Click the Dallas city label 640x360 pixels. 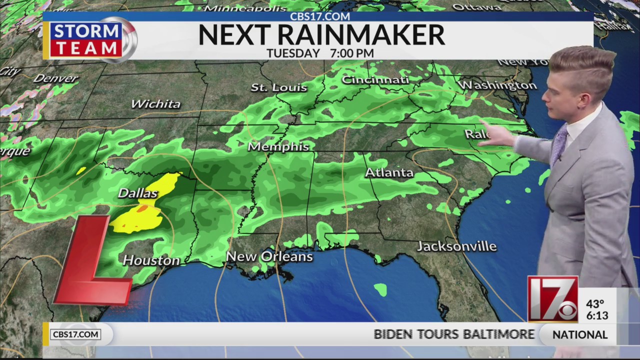[x=137, y=193]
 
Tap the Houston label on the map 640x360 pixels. [x=151, y=260]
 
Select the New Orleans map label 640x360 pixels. [x=269, y=256]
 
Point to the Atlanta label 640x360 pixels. [x=389, y=173]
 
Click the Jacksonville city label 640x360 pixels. [x=456, y=246]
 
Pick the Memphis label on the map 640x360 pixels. [x=278, y=147]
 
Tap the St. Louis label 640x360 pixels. [x=278, y=87]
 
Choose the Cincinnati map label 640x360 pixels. [x=375, y=79]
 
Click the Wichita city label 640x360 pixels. [x=155, y=104]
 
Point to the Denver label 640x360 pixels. [x=56, y=78]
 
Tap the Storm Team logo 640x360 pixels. [x=92, y=40]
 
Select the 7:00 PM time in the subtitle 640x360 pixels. [x=351, y=53]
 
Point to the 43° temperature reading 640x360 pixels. [x=595, y=304]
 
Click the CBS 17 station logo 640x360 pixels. [x=552, y=299]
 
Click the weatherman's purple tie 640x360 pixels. [x=558, y=143]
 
